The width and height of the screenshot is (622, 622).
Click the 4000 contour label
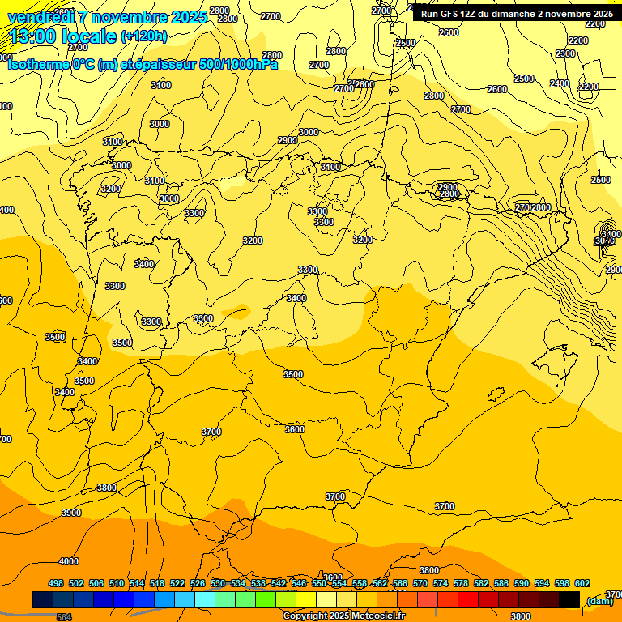(69, 561)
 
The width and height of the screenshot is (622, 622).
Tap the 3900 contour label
(71, 513)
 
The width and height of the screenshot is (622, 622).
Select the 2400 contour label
(560, 83)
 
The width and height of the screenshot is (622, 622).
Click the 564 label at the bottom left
(64, 617)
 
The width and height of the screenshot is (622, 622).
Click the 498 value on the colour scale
(56, 583)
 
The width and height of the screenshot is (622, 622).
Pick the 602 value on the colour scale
(582, 583)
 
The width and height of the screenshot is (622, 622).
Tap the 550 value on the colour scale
(319, 583)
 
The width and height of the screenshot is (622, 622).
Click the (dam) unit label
(599, 600)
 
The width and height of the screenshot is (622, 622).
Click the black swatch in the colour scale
(569, 599)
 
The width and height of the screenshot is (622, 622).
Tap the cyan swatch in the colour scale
(205, 599)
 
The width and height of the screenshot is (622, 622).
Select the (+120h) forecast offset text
(143, 36)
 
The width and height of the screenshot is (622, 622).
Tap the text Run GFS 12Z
(450, 14)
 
